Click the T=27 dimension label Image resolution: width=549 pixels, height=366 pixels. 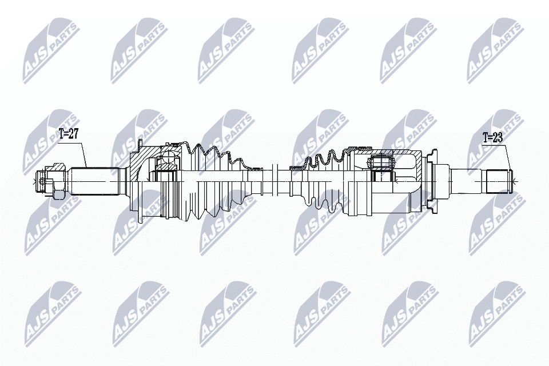[x=68, y=135]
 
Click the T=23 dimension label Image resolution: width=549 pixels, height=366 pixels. [x=492, y=138]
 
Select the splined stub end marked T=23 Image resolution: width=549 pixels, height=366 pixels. [x=498, y=181]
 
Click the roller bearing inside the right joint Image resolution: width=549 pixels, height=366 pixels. [x=381, y=162]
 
